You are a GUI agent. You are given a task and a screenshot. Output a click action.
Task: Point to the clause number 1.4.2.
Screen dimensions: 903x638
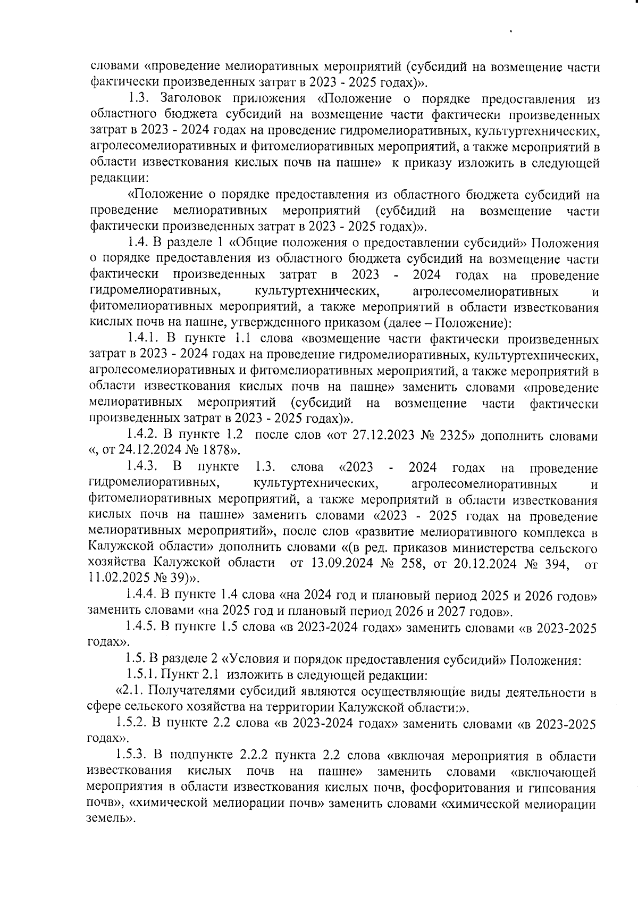pyautogui.click(x=142, y=437)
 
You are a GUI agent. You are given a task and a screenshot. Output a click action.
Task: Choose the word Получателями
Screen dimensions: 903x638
pyautogui.click(x=188, y=692)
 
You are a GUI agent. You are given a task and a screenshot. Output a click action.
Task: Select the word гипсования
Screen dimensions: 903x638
pyautogui.click(x=567, y=787)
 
